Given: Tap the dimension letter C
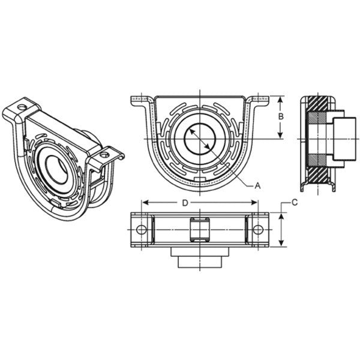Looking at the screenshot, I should pos(295,203).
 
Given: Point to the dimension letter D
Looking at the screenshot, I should pos(185,203).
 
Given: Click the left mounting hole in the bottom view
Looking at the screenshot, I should pos(142,230).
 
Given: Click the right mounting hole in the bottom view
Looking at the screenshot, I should pos(257,230).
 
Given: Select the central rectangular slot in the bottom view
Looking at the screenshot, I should pos(199,230).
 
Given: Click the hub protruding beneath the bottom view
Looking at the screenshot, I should pos(199,259).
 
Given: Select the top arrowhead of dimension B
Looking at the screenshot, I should pos(279,98).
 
